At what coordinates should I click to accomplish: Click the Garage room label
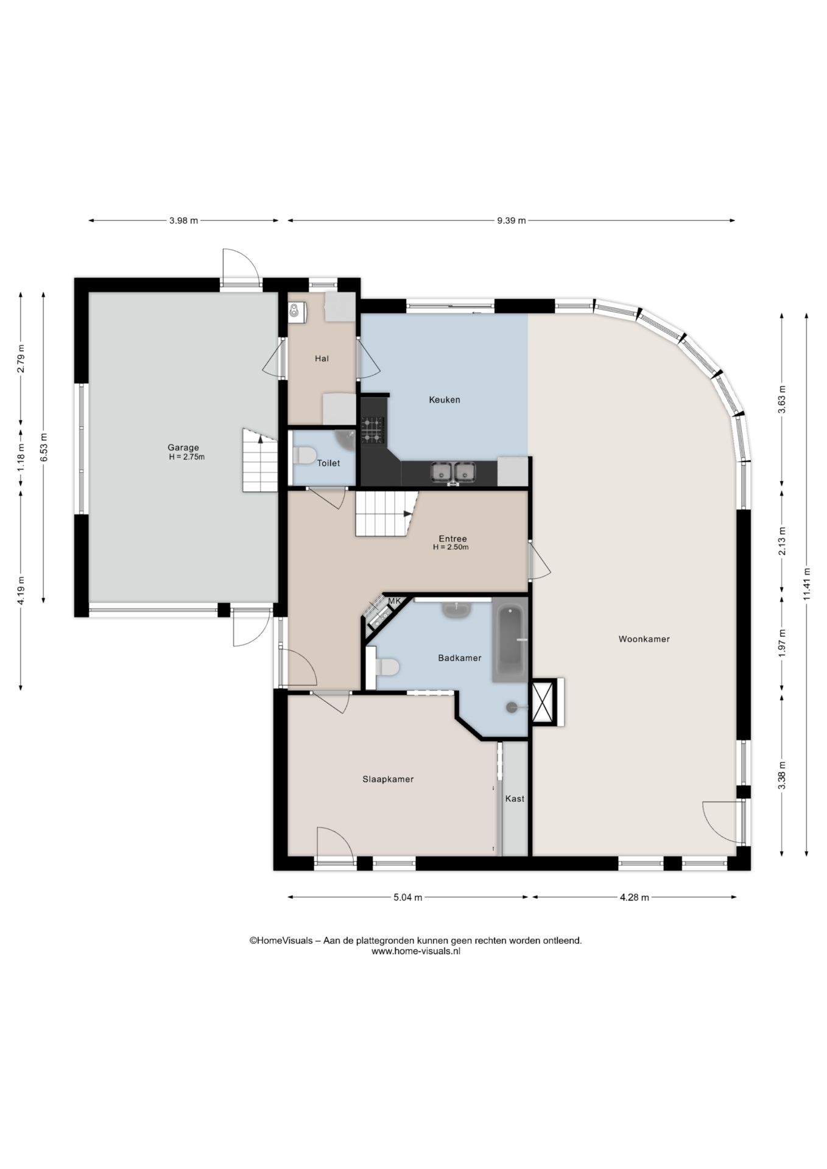coord(183,448)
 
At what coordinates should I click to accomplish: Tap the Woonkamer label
coord(644,639)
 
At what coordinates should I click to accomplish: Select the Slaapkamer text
coord(388,779)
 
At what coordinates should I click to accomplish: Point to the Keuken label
coord(445,399)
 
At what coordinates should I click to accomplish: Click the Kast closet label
coord(515,798)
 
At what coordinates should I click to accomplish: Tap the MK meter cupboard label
coord(395,601)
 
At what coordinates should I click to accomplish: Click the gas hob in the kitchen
coord(373,430)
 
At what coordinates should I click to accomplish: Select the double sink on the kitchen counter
coord(453,472)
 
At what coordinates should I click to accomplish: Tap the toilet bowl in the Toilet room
coord(304,455)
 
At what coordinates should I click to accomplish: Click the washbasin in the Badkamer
coord(454,609)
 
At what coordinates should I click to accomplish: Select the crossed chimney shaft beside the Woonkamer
coord(544,701)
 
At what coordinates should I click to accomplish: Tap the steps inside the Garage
coord(260,460)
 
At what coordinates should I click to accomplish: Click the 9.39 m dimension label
coord(511,220)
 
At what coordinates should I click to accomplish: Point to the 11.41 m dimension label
coord(806,584)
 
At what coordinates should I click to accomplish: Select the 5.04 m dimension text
coord(407,897)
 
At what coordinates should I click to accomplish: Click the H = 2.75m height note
coord(187,457)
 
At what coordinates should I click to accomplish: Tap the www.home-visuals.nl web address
coord(416,951)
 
